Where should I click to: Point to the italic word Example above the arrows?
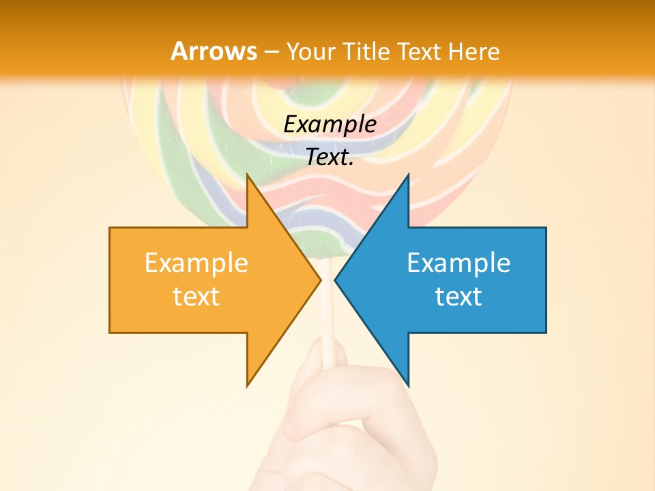(x=330, y=125)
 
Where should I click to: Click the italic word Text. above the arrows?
(x=330, y=158)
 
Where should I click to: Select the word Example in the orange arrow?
(x=196, y=263)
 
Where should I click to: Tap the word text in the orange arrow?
(x=196, y=297)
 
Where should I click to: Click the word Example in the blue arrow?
(x=458, y=263)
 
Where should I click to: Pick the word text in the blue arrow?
(x=458, y=297)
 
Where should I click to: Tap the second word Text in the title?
(x=420, y=51)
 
